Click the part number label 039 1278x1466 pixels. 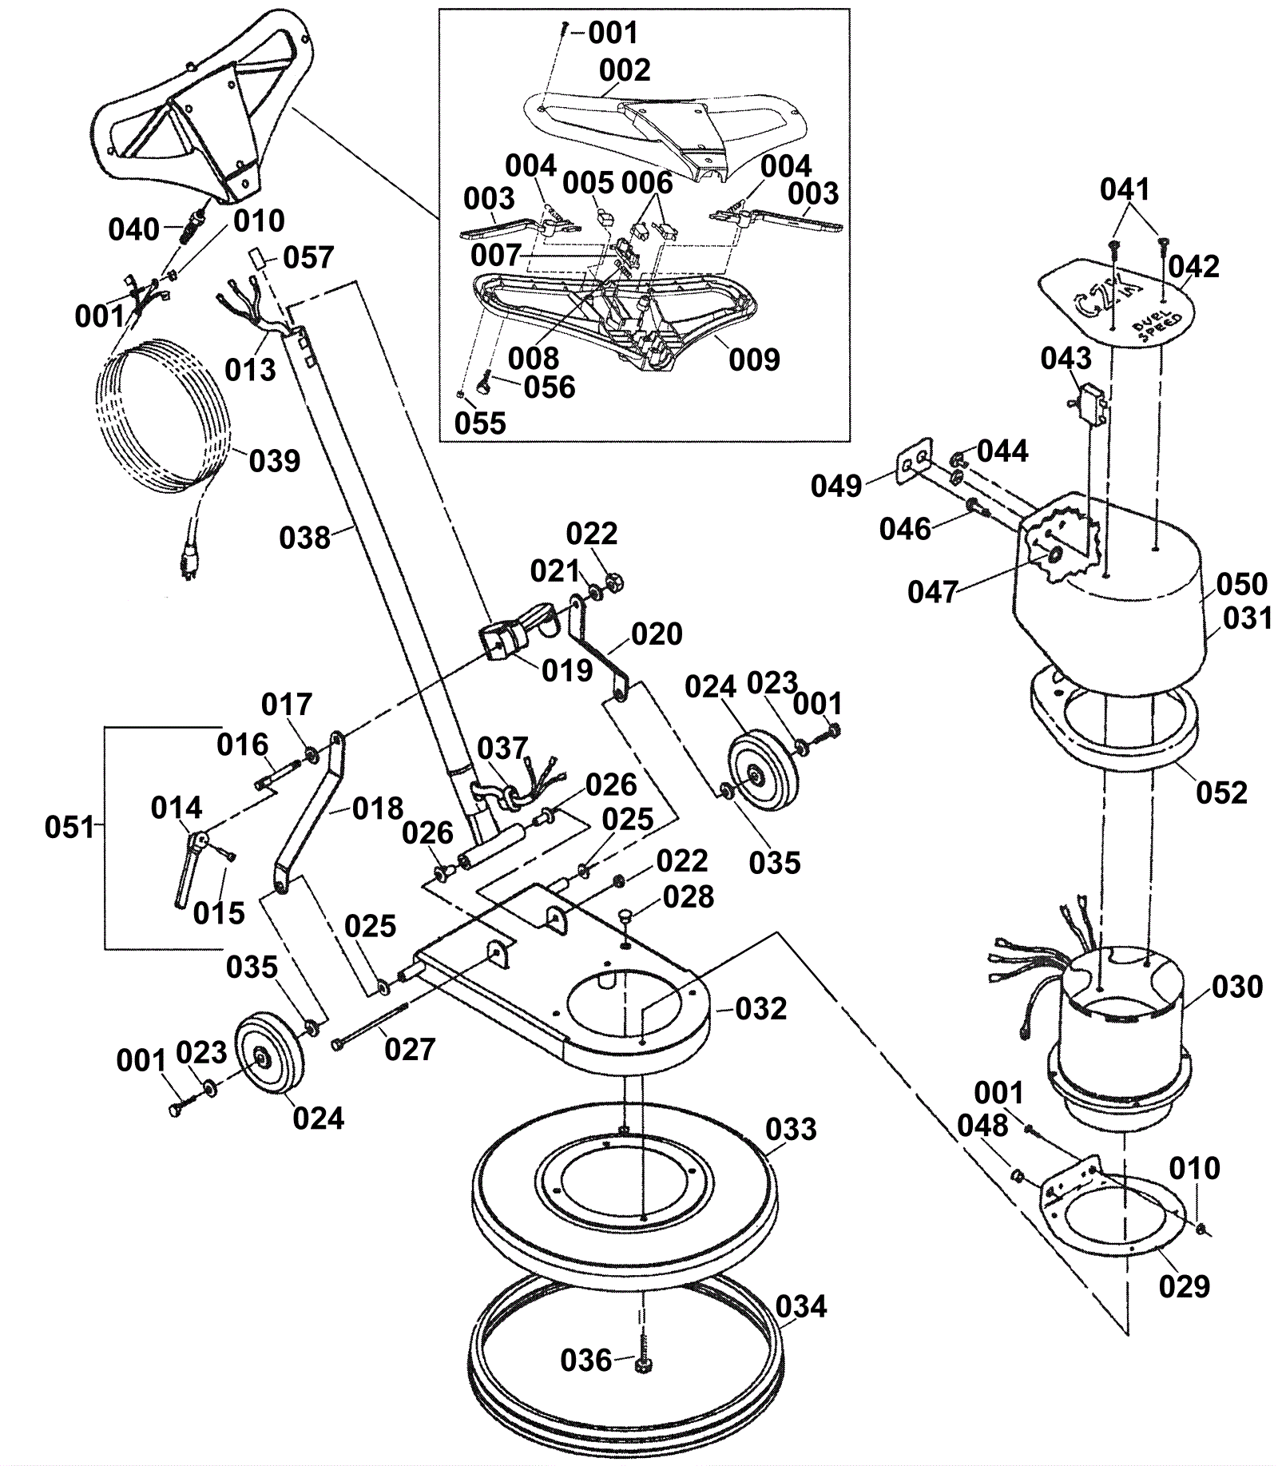tap(275, 461)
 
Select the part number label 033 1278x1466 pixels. tap(791, 1130)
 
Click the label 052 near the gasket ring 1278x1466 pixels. tap(1221, 793)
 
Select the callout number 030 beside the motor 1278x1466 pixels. tap(1237, 987)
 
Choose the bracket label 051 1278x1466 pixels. tap(70, 827)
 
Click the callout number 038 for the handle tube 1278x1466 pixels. tap(304, 538)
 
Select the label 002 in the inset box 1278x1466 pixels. tap(625, 70)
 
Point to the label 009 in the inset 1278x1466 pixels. tap(754, 360)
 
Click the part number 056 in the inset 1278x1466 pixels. tap(550, 387)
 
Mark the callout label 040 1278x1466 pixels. tap(134, 230)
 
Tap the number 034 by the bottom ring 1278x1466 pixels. tap(801, 1307)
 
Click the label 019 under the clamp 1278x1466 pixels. tap(567, 671)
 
